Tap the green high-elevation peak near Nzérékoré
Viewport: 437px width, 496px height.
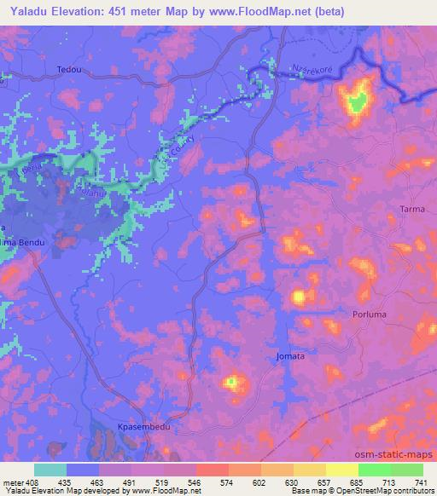pos(358,101)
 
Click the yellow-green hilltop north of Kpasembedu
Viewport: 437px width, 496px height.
pos(230,383)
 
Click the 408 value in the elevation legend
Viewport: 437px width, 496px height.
pos(41,482)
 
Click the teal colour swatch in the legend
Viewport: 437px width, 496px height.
pos(50,470)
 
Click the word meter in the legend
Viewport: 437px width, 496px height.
pos(15,482)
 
